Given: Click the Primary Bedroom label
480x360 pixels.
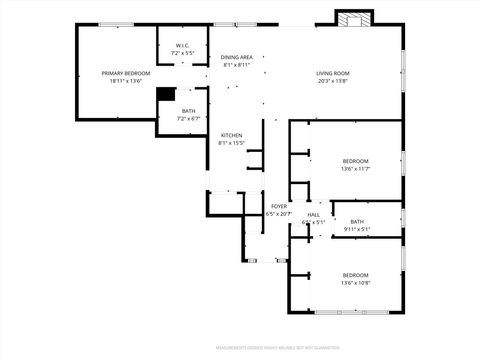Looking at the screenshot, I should click(126, 73).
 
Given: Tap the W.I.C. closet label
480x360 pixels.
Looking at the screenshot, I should click(183, 45).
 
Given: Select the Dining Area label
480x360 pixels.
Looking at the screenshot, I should click(237, 57).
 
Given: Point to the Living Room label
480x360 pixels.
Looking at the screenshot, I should click(332, 73).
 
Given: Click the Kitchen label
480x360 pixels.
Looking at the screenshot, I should click(231, 135).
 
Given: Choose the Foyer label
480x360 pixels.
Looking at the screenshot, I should click(279, 206).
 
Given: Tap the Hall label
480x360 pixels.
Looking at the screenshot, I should click(313, 215).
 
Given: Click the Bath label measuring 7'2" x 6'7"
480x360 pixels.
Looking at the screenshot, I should click(188, 112).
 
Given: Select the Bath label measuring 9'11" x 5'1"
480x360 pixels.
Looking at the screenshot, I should click(357, 221).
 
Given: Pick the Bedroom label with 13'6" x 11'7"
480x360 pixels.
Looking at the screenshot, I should click(355, 161).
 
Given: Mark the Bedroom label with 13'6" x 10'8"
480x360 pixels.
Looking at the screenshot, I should click(355, 275).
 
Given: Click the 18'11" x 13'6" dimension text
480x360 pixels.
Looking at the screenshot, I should click(126, 81).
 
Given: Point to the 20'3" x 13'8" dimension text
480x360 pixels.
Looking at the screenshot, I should click(332, 81).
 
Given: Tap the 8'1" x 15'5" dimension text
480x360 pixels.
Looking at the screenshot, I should click(231, 143).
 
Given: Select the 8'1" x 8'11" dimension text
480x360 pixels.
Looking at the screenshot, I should click(237, 65).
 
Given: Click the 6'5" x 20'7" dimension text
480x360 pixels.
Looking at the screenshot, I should click(279, 214).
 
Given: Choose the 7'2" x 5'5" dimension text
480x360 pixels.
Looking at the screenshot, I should click(183, 52).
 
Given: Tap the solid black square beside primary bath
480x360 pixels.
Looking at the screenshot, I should click(165, 94).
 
